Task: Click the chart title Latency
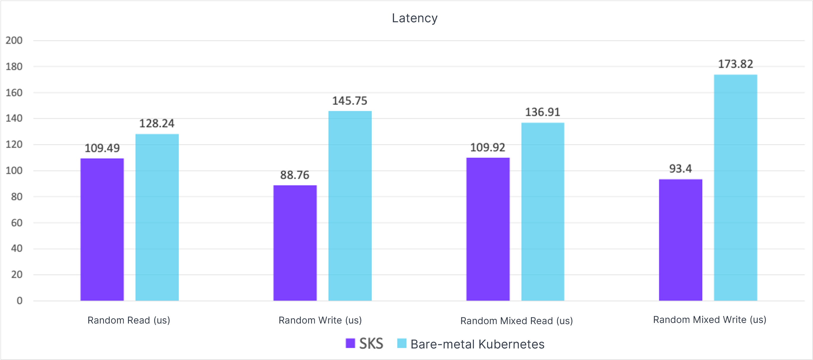point(414,18)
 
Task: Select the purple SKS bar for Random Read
point(102,230)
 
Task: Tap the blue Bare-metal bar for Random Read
point(157,217)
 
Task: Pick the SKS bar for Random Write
point(295,243)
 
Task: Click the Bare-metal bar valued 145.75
point(350,206)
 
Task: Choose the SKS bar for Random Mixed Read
point(488,229)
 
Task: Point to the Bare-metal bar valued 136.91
point(542,211)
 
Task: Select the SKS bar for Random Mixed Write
point(681,240)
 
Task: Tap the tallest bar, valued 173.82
point(735,188)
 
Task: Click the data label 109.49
point(102,148)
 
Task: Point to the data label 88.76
point(295,175)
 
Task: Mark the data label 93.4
point(681,169)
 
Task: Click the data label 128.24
point(156,123)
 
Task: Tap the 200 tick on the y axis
point(14,40)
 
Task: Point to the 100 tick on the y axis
point(14,171)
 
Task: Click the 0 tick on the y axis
point(20,301)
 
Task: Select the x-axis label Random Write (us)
point(320,320)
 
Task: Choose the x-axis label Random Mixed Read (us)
point(516,321)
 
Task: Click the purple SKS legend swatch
point(350,343)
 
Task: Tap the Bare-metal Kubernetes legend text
point(477,344)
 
